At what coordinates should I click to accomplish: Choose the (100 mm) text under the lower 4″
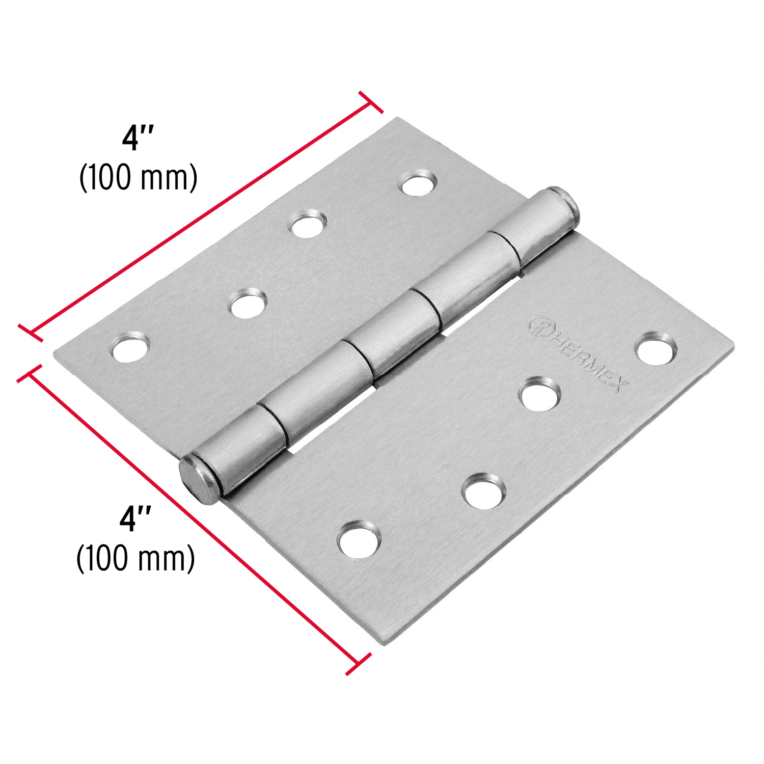coord(136,559)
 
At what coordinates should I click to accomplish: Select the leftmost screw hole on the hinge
coord(130,348)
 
